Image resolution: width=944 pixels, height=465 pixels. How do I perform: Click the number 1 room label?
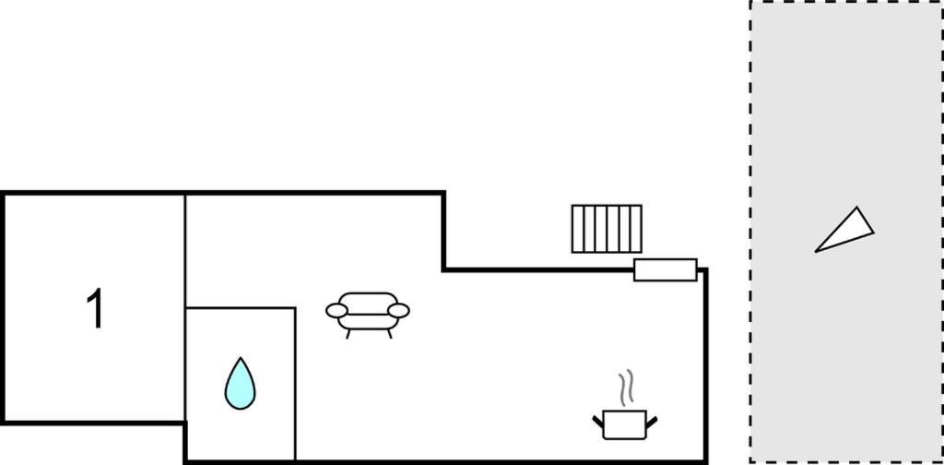(x=96, y=308)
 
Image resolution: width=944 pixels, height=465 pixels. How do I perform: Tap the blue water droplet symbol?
(x=240, y=385)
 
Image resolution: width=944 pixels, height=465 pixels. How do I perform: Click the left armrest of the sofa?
(x=336, y=311)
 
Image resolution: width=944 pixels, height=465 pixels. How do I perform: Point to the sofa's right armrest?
(x=398, y=311)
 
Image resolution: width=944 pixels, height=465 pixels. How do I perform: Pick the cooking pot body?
(x=624, y=424)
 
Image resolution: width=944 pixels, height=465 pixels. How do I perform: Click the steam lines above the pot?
(x=626, y=386)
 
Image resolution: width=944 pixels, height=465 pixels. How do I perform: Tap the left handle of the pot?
(x=597, y=422)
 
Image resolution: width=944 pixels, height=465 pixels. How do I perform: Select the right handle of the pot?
(x=652, y=422)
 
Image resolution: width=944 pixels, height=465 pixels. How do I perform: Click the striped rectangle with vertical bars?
(x=607, y=229)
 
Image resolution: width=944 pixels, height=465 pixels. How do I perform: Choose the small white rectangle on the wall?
(x=666, y=269)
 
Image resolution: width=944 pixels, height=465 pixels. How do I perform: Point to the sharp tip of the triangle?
(x=816, y=251)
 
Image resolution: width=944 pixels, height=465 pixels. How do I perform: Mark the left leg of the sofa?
(x=348, y=334)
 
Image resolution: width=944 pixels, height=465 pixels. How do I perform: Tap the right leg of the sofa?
(x=390, y=334)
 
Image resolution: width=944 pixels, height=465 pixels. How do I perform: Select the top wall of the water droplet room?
(x=241, y=308)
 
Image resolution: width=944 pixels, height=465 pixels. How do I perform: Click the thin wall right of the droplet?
(x=295, y=385)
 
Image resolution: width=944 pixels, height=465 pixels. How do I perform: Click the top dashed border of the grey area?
(x=846, y=1)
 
